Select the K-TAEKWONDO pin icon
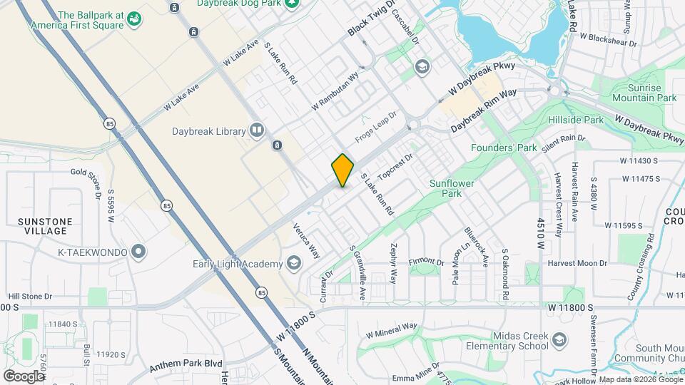click(138, 252)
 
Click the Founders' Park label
click(504, 148)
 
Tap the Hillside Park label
click(575, 120)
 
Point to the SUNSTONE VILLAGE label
click(45, 226)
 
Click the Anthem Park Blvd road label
click(185, 366)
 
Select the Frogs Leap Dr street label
click(376, 126)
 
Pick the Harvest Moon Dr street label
click(577, 263)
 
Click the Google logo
click(24, 376)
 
